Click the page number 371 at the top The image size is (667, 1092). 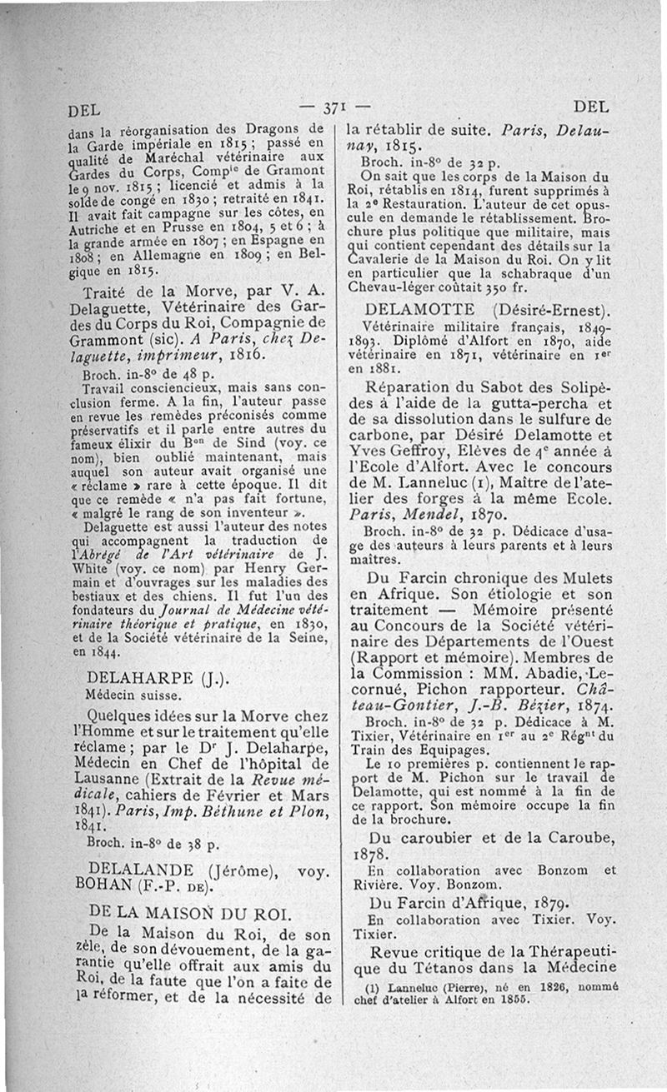tap(333, 107)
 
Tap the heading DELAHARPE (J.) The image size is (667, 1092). tap(141, 676)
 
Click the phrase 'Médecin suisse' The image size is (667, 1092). tap(123, 694)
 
